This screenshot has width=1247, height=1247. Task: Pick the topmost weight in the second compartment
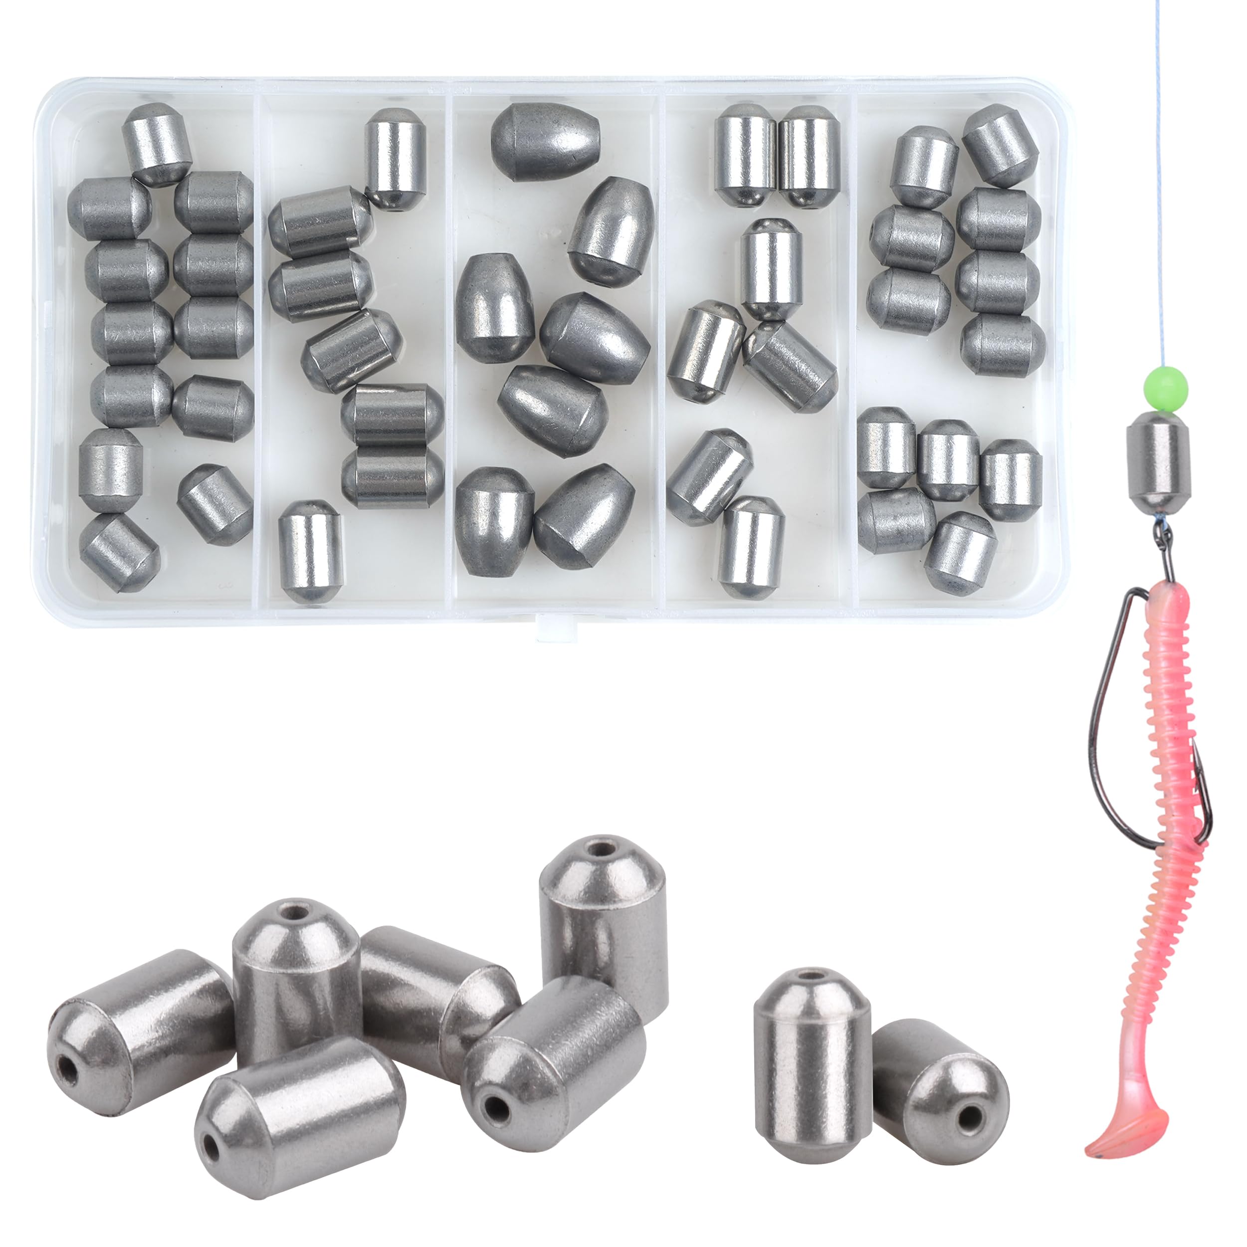click(395, 158)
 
